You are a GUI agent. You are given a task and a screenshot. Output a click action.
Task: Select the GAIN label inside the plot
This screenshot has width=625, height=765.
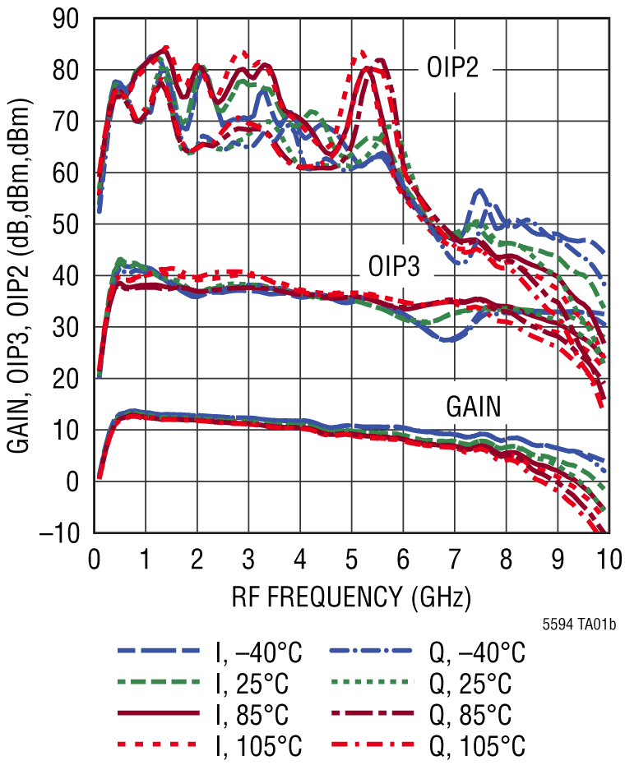pyautogui.click(x=475, y=406)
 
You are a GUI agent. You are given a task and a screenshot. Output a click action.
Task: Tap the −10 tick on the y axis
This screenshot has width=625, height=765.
pyautogui.click(x=62, y=534)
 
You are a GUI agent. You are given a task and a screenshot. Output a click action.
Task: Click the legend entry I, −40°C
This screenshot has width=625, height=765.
pyautogui.click(x=259, y=654)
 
